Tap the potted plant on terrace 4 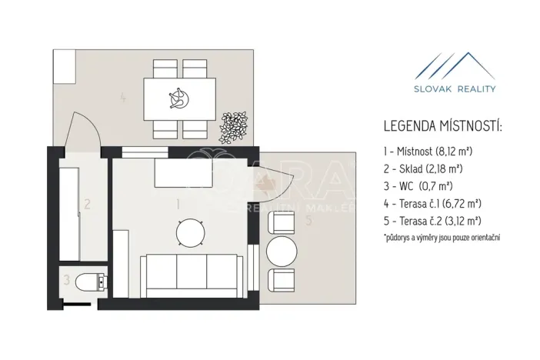[x=234, y=128]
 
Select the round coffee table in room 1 [x=191, y=233]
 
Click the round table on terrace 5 [x=282, y=251]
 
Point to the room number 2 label [x=87, y=205]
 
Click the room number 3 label [x=66, y=280]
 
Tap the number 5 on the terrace [x=309, y=221]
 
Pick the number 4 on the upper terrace [x=123, y=98]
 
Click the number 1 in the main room [x=178, y=205]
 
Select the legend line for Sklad [x=423, y=168]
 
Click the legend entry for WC [x=418, y=186]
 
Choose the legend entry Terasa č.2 [x=432, y=221]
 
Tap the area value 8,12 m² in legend [x=454, y=152]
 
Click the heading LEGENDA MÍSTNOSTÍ [x=443, y=126]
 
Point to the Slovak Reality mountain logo [x=455, y=66]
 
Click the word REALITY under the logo [x=476, y=89]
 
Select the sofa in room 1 [x=192, y=276]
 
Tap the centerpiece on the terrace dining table [x=179, y=98]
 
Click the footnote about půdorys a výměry [x=442, y=238]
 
